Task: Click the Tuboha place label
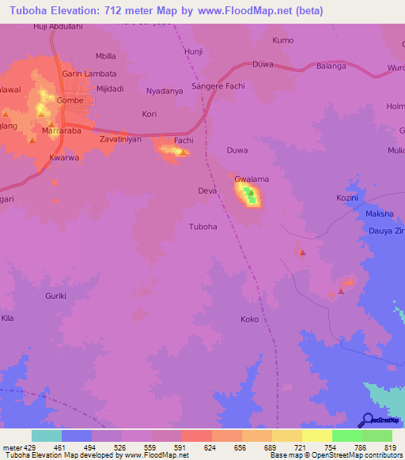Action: (202, 227)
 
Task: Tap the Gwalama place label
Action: (252, 179)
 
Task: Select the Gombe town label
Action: (70, 102)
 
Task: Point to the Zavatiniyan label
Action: (120, 139)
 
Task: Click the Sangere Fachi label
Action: (218, 86)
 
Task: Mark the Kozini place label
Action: (347, 197)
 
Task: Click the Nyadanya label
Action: (165, 92)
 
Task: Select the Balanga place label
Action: (331, 66)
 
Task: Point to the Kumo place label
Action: (282, 40)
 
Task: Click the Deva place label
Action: (206, 191)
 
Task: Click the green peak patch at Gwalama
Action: (251, 196)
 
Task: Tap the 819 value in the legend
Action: (392, 448)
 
